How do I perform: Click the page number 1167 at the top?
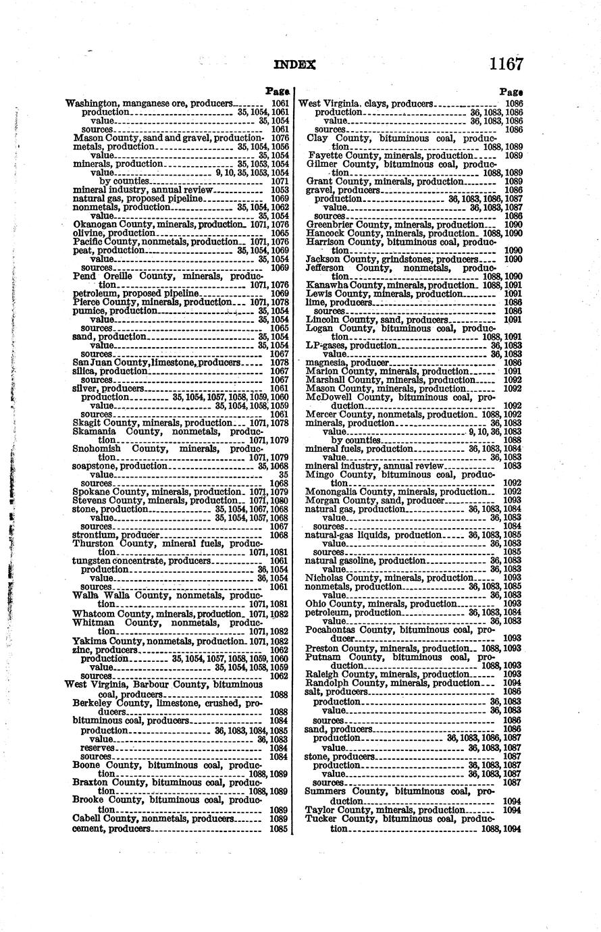[x=506, y=64]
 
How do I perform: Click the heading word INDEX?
[x=295, y=65]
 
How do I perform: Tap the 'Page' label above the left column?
[x=278, y=90]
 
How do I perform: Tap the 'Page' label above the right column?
[x=511, y=91]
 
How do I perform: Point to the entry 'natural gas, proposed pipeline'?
[x=138, y=199]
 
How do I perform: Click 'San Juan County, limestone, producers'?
[x=156, y=363]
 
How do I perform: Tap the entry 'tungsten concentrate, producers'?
[x=142, y=561]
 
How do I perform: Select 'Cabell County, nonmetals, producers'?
[x=154, y=819]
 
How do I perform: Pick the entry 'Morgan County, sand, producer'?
[x=375, y=500]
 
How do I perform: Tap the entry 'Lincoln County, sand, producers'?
[x=377, y=319]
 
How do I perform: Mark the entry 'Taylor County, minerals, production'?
[x=385, y=810]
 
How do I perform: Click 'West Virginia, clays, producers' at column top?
[x=365, y=104]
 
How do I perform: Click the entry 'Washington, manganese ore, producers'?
[x=148, y=103]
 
